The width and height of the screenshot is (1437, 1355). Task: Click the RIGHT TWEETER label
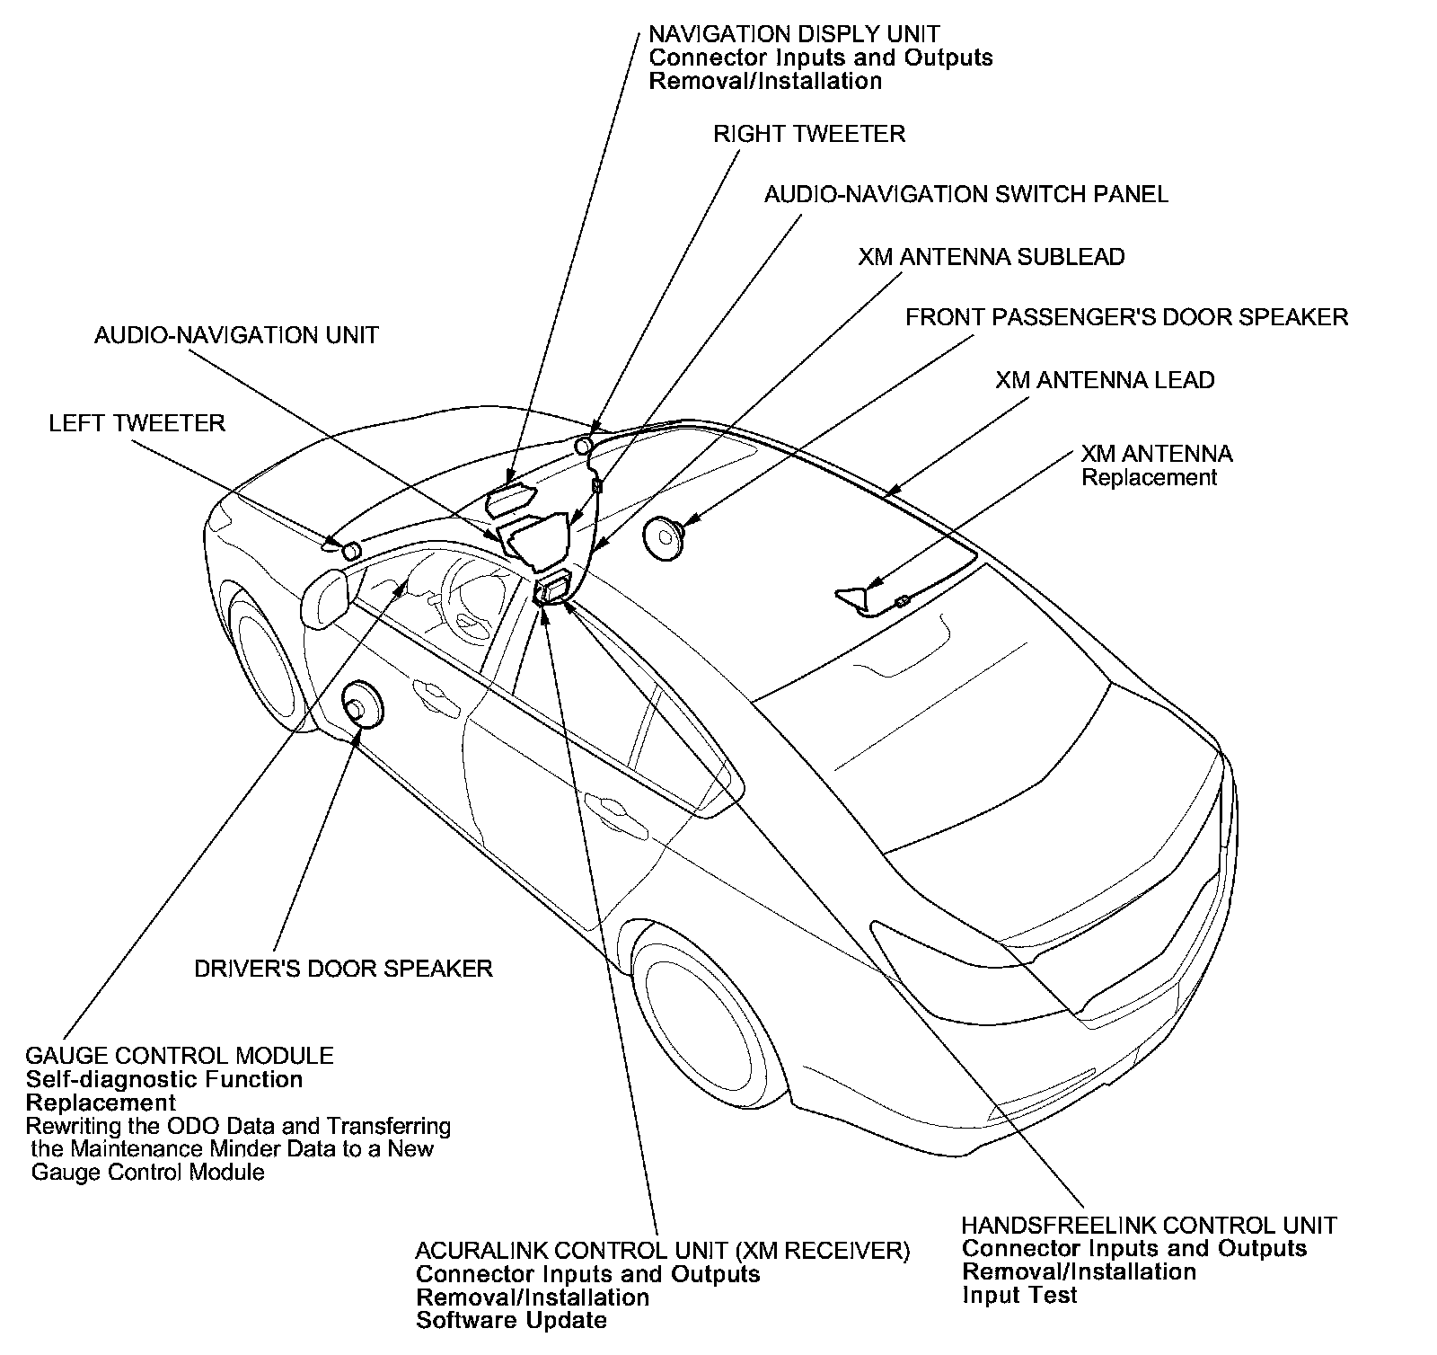tap(808, 134)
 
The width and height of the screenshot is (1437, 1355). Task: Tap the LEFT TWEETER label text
tap(137, 423)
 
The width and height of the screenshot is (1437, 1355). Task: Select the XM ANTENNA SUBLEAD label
tap(991, 257)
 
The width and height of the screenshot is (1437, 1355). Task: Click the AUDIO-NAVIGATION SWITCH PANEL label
tap(965, 194)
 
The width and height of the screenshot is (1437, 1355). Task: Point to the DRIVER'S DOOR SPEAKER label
tap(343, 969)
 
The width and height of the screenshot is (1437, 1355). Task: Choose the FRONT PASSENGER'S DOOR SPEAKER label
tap(1126, 317)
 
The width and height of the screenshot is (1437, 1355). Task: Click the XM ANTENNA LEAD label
tap(1104, 380)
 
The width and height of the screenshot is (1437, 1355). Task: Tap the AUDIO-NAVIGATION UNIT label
tap(236, 335)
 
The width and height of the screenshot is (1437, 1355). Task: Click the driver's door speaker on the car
tap(363, 703)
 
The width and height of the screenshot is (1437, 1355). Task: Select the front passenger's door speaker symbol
tap(664, 537)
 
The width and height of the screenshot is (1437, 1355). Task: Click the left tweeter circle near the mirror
tap(350, 550)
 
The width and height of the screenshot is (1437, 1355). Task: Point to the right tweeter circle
tap(583, 444)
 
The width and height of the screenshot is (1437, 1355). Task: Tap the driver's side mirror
tap(326, 598)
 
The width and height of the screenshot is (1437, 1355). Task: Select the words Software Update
tap(511, 1321)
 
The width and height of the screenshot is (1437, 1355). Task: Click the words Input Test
tap(1019, 1295)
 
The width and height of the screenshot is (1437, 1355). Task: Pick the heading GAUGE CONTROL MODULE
tap(179, 1056)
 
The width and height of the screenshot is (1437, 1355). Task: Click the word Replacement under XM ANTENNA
tap(1149, 477)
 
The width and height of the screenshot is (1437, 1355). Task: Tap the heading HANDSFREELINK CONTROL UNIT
tap(1149, 1226)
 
